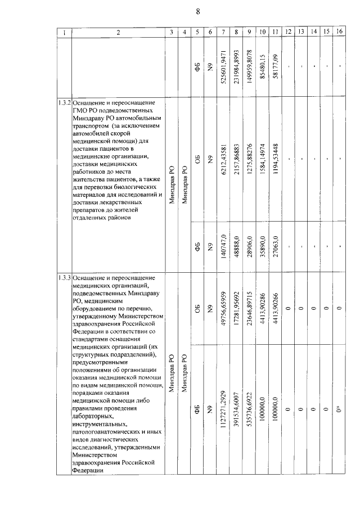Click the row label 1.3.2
64,105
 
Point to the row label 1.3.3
64,279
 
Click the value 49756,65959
224,308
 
